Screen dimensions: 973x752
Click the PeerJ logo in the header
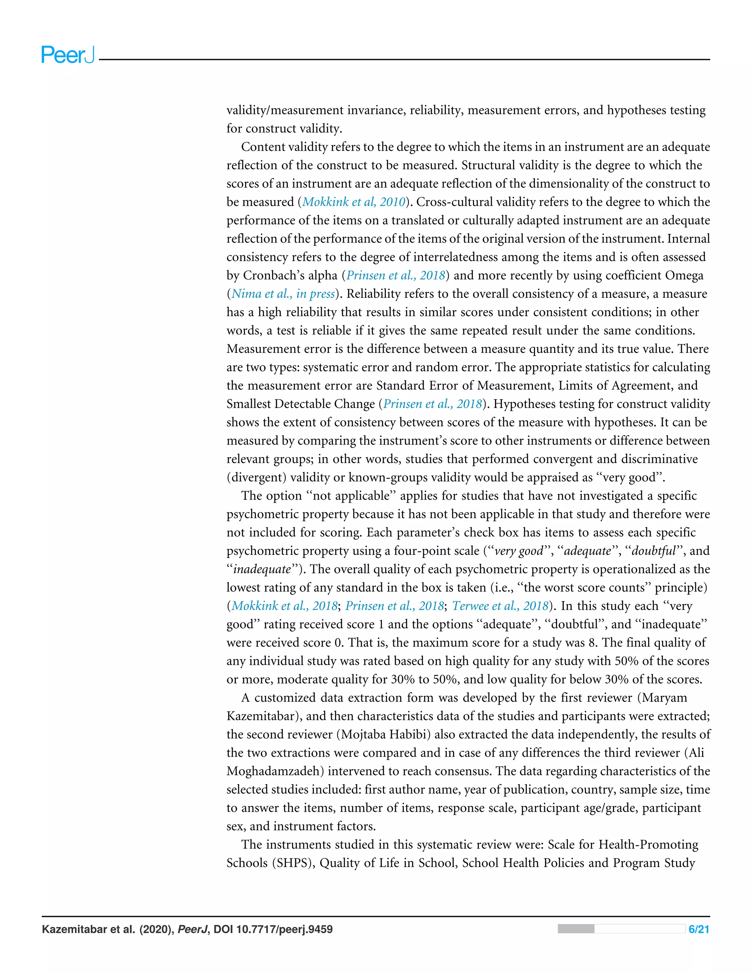[x=68, y=55]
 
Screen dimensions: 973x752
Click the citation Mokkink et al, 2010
[x=354, y=202]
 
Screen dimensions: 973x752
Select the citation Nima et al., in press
[x=283, y=294]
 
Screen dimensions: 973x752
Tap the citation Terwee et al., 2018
[x=500, y=606]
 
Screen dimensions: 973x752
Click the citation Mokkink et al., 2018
[x=284, y=606]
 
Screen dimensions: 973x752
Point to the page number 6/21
[x=698, y=929]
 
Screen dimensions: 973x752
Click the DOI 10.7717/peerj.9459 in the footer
[x=273, y=929]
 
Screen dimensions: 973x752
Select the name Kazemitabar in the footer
[x=75, y=929]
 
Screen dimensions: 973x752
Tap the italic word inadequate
[x=262, y=569]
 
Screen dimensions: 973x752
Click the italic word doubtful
[x=654, y=551]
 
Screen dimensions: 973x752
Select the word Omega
[x=684, y=275]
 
